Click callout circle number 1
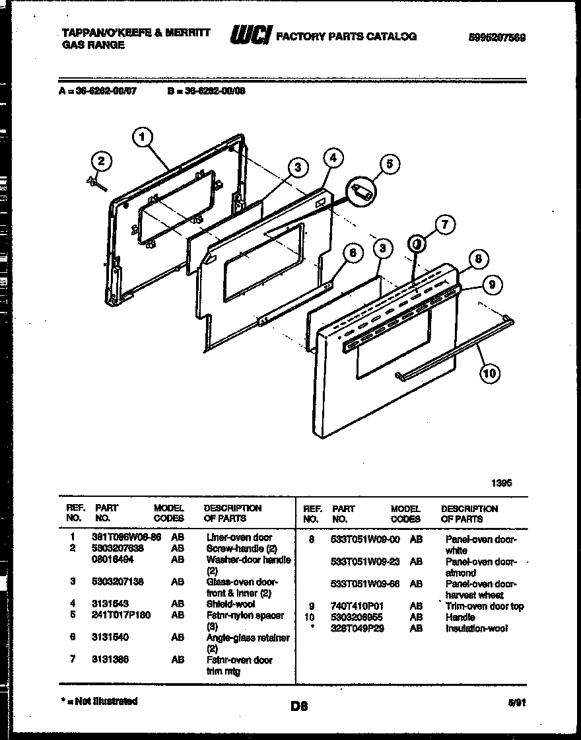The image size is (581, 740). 143,137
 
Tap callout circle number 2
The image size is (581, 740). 101,161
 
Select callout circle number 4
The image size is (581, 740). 333,158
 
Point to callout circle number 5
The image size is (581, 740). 390,165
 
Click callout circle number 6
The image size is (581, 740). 353,252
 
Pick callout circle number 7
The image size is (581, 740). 444,225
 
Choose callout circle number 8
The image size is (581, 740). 480,259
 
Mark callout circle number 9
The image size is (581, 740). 491,285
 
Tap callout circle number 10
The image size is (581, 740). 489,374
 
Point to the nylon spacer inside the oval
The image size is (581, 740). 361,191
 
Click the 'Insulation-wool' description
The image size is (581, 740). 477,628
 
